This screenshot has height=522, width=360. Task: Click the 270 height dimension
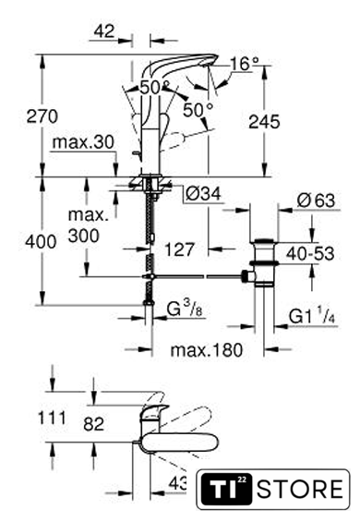tap(42, 116)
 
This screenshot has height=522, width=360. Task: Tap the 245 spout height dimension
tap(265, 122)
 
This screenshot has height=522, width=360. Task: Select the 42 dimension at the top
tap(104, 31)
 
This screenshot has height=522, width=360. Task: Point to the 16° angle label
tap(245, 64)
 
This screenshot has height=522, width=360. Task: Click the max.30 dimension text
tap(83, 142)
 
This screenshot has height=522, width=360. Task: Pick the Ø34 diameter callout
tap(203, 194)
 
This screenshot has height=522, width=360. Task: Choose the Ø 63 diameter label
tap(316, 200)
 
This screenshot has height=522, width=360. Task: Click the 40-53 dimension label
tap(310, 254)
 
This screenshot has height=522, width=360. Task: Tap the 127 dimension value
tap(180, 249)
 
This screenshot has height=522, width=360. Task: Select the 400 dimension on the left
tap(41, 241)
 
